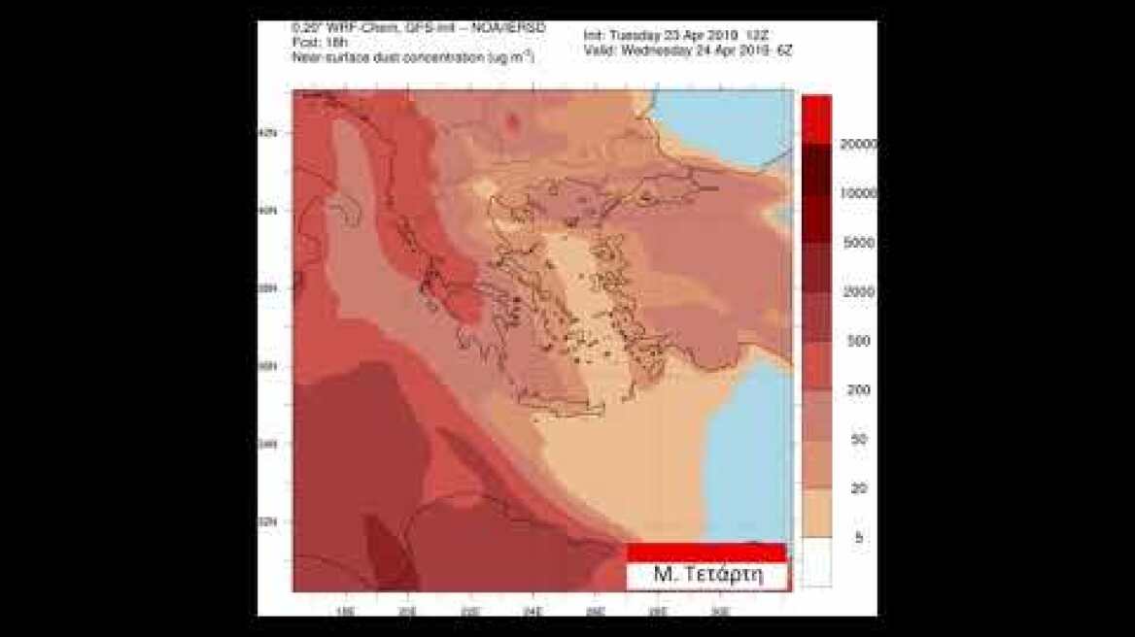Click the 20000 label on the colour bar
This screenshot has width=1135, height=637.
pyautogui.click(x=858, y=145)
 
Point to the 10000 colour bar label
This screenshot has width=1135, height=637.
pyautogui.click(x=858, y=193)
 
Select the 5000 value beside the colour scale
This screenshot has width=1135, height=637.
pyautogui.click(x=858, y=243)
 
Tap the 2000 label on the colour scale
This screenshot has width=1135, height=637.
pyautogui.click(x=858, y=291)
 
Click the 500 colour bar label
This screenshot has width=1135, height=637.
pyautogui.click(x=858, y=341)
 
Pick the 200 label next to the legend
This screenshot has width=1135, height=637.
pyautogui.click(x=858, y=389)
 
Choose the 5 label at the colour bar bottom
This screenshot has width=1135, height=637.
pyautogui.click(x=858, y=537)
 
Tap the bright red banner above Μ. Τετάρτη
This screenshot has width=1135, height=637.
pyautogui.click(x=705, y=552)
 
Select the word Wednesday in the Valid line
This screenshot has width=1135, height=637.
pyautogui.click(x=658, y=50)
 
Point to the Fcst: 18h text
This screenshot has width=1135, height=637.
pyautogui.click(x=314, y=44)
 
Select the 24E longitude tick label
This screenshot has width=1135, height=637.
pyautogui.click(x=532, y=611)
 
